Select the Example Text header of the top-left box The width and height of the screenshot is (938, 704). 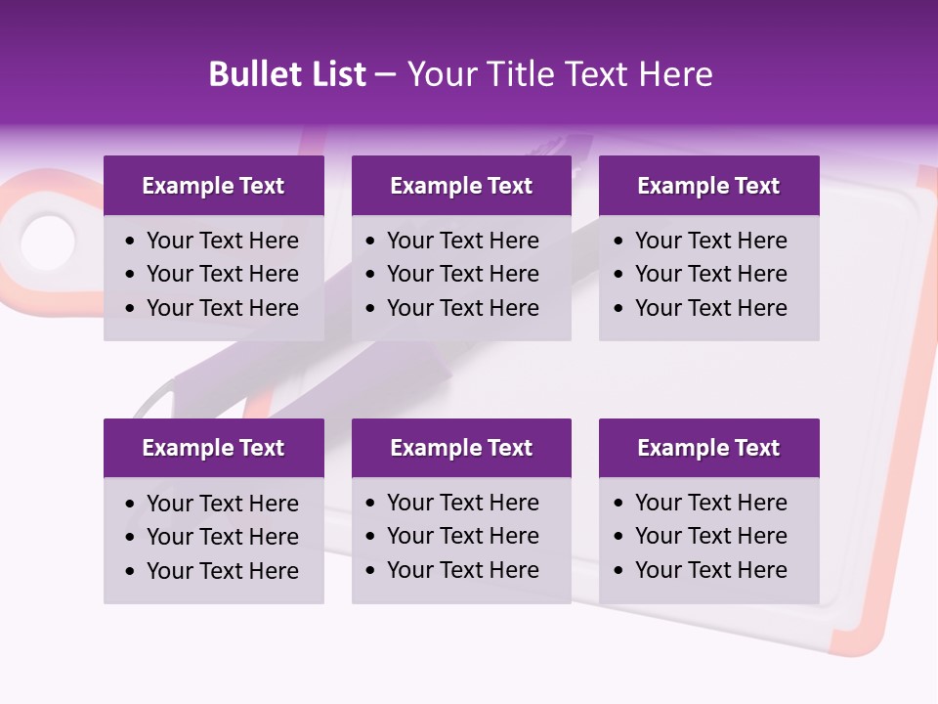coord(213,186)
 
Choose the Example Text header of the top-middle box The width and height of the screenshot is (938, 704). coord(461,186)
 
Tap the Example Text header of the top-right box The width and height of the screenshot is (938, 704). coord(708,186)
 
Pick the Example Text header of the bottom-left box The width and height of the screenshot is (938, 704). coord(213,448)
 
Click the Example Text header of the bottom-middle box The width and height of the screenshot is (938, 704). coord(461,448)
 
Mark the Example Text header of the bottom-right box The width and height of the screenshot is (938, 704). coord(708,448)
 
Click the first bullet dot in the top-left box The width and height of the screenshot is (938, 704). coord(131,242)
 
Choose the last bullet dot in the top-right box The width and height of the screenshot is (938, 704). coord(619,309)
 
